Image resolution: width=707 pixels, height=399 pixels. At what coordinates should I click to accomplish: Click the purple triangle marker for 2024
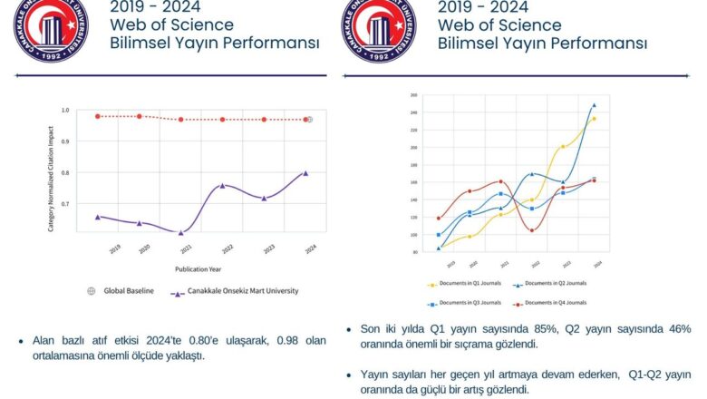pyautogui.click(x=305, y=172)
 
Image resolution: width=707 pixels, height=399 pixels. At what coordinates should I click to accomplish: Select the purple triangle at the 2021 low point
pyautogui.click(x=180, y=233)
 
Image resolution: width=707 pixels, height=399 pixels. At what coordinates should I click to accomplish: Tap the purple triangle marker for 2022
pyautogui.click(x=222, y=186)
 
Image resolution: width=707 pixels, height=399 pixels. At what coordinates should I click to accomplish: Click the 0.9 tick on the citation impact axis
pyautogui.click(x=64, y=141)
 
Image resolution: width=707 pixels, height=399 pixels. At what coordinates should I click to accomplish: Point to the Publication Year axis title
pyautogui.click(x=200, y=269)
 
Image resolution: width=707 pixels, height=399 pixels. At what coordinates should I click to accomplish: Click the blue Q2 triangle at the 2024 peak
pyautogui.click(x=594, y=105)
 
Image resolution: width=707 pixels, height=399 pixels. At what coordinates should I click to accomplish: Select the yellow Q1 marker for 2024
pyautogui.click(x=594, y=119)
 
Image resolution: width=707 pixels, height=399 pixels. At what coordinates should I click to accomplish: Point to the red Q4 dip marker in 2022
pyautogui.click(x=532, y=230)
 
